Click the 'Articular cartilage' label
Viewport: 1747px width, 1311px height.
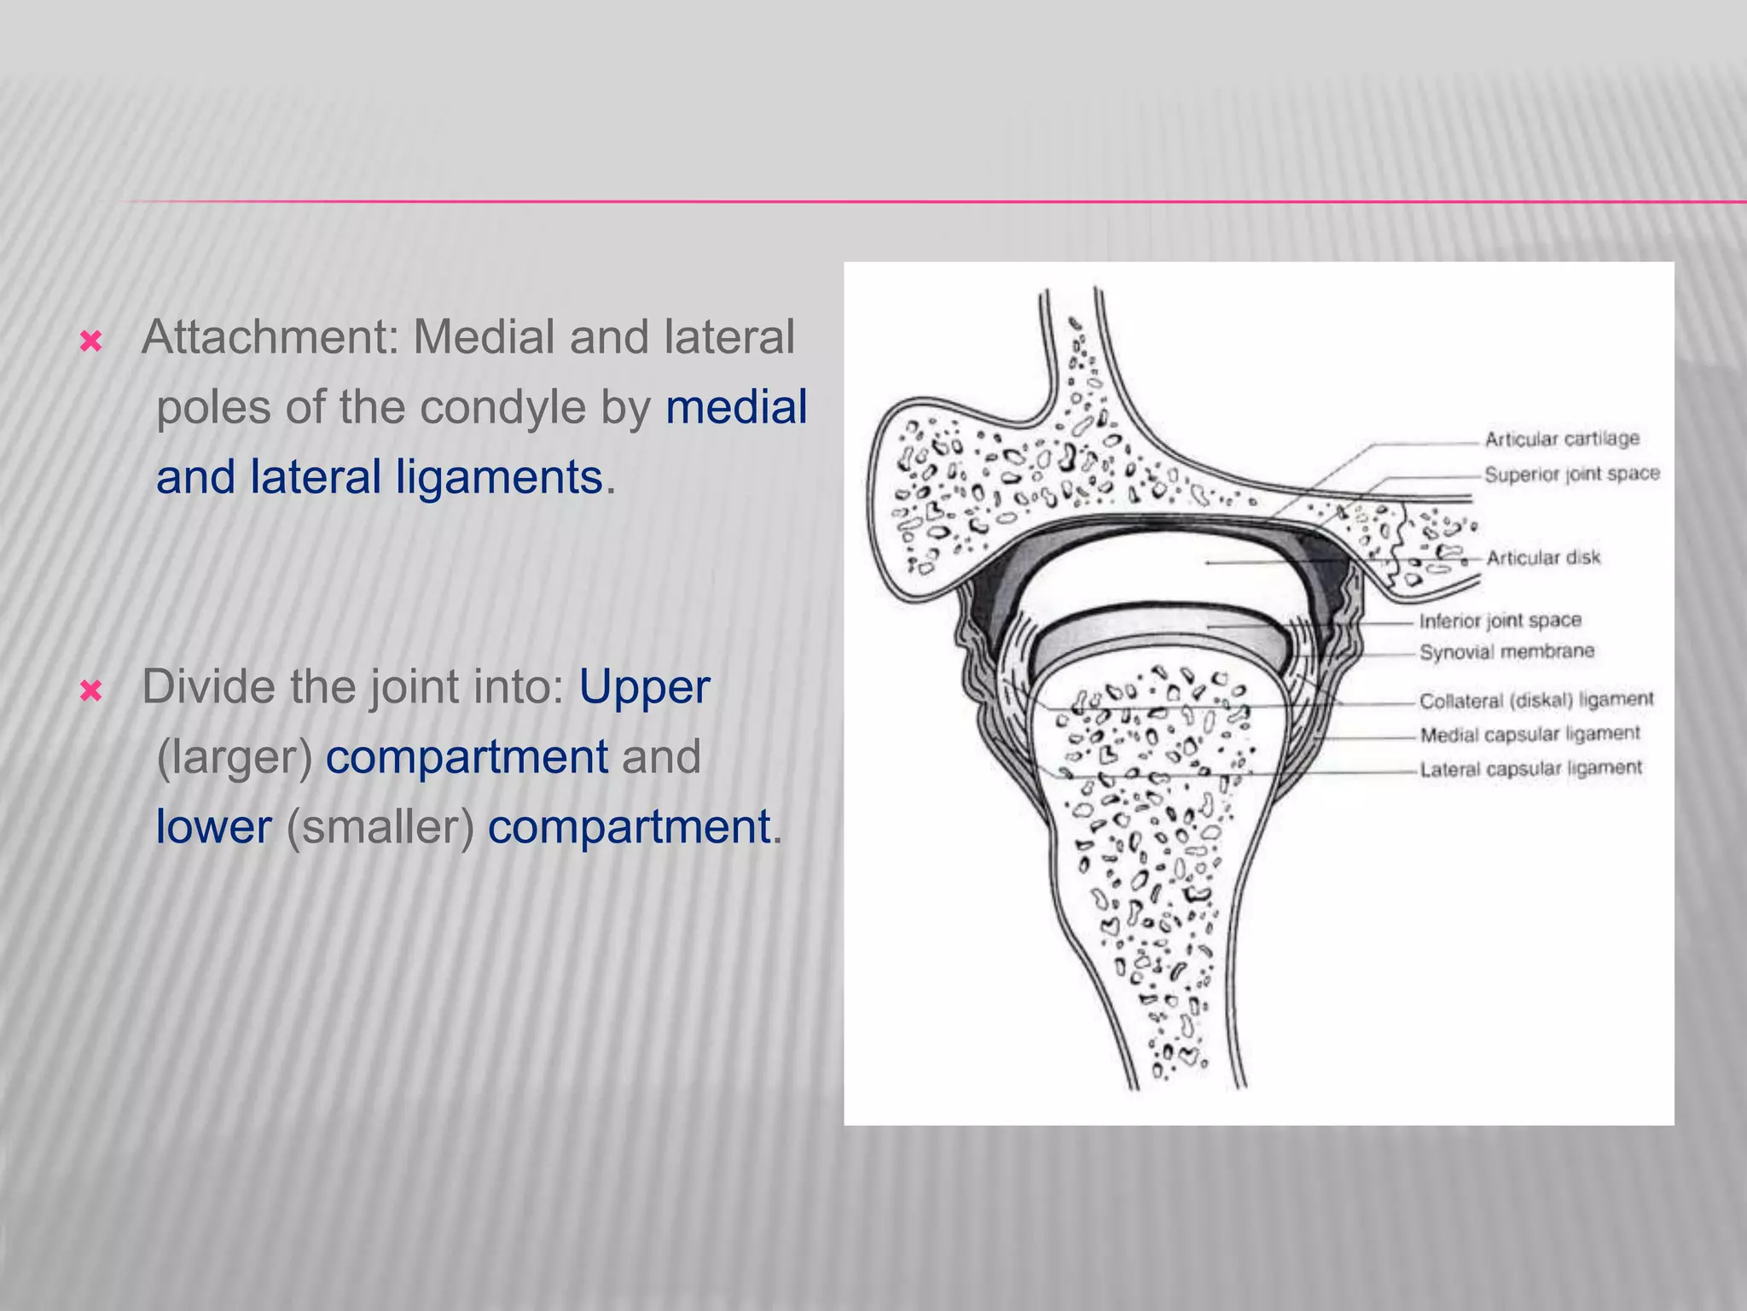pyautogui.click(x=1562, y=439)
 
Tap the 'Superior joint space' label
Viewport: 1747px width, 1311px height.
pyautogui.click(x=1571, y=474)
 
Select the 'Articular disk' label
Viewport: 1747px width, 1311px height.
pyautogui.click(x=1543, y=557)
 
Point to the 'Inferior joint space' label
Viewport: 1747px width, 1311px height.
pyautogui.click(x=1500, y=621)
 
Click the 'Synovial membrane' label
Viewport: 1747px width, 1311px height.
pyautogui.click(x=1506, y=652)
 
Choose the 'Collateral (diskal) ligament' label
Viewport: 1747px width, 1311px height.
pyautogui.click(x=1535, y=700)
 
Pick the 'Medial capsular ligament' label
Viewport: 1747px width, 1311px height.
pyautogui.click(x=1529, y=734)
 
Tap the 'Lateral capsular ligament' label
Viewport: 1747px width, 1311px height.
pyautogui.click(x=1530, y=768)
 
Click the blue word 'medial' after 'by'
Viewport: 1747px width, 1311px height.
pyautogui.click(x=736, y=407)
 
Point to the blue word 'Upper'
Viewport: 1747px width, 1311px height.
pyautogui.click(x=644, y=687)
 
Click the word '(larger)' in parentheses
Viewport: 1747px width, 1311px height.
pyautogui.click(x=235, y=757)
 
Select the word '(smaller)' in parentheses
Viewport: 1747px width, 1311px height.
pyautogui.click(x=380, y=827)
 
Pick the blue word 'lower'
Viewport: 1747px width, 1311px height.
pyautogui.click(x=213, y=827)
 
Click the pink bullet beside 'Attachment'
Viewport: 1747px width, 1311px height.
pyautogui.click(x=90, y=342)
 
